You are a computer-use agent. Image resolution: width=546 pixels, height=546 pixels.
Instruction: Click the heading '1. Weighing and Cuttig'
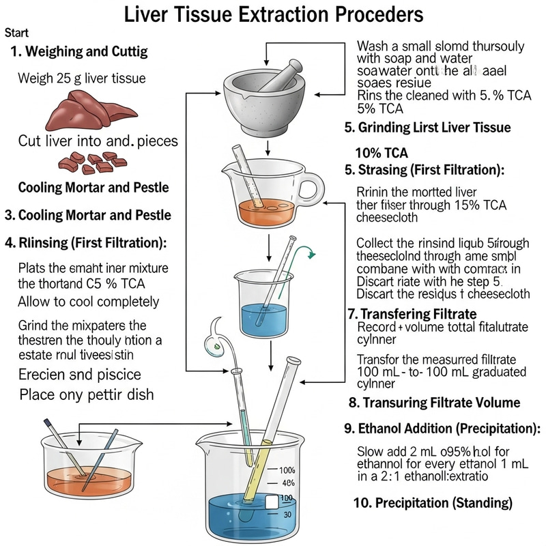pos(79,52)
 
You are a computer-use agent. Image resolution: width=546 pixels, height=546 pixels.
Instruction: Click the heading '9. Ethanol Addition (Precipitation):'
pos(443,429)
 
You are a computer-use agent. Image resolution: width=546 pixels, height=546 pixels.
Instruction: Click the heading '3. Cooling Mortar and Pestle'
pos(87,214)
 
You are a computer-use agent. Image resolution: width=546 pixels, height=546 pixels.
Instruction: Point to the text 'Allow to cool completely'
pos(89,301)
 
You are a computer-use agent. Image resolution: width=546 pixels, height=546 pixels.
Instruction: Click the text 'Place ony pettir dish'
pos(86,394)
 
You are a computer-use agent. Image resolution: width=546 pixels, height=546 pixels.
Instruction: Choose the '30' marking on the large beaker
pos(287,515)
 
